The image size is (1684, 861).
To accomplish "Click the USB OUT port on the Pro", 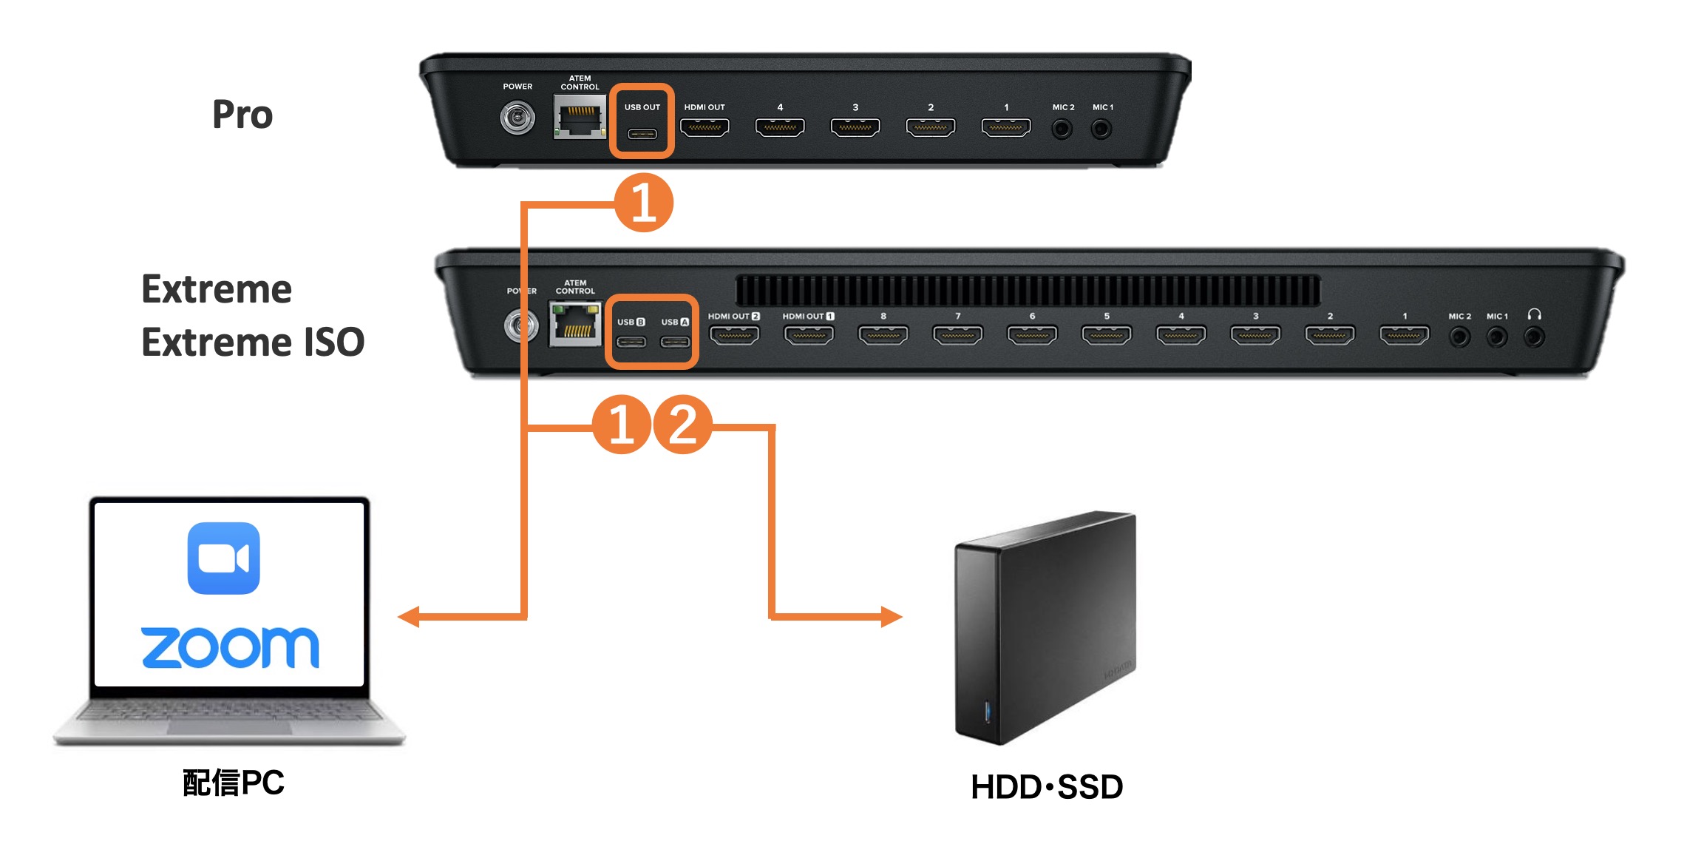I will coord(642,134).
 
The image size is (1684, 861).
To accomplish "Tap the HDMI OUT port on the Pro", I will coord(705,127).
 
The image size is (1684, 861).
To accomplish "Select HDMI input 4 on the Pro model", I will coord(779,127).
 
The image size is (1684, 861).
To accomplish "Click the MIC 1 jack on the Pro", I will coord(1101,129).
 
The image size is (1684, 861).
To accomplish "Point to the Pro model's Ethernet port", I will coord(580,118).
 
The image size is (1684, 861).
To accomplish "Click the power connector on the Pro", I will coord(517,118).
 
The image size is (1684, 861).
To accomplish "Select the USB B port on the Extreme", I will coord(631,341).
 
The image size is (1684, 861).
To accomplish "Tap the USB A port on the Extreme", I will coord(674,341).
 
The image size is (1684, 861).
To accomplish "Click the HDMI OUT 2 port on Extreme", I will coord(734,335).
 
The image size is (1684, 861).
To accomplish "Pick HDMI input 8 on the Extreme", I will coord(883,335).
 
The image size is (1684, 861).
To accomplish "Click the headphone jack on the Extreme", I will coord(1534,337).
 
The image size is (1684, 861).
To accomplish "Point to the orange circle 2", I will coord(682,424).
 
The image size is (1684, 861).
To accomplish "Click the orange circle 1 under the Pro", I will coord(643,202).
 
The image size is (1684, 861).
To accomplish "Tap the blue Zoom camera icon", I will coord(223,558).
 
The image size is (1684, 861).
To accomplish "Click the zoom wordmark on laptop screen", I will coord(230,648).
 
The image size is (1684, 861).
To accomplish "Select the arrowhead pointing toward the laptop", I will coord(409,616).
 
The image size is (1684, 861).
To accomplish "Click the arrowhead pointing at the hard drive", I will coord(892,616).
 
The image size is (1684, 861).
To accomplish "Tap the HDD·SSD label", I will coord(1046,786).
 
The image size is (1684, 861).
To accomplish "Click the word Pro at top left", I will coord(242,115).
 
